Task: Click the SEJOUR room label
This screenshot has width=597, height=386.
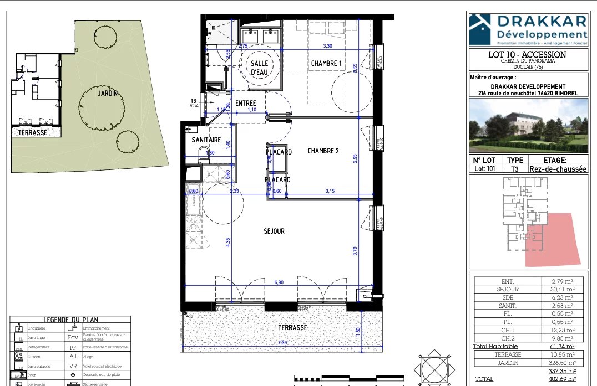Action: [x=274, y=231]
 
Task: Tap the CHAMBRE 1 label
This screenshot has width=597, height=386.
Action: [x=326, y=64]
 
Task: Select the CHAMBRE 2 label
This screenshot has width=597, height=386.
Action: [x=323, y=151]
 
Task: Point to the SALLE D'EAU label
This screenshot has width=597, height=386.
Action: [x=260, y=68]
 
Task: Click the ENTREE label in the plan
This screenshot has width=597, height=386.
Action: [x=245, y=104]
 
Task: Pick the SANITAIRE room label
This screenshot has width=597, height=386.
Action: [x=206, y=140]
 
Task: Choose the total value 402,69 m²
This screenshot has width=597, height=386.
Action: [x=561, y=379]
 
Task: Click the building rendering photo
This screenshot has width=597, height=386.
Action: [x=528, y=126]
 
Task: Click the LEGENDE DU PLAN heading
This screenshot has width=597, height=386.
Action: [x=70, y=320]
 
